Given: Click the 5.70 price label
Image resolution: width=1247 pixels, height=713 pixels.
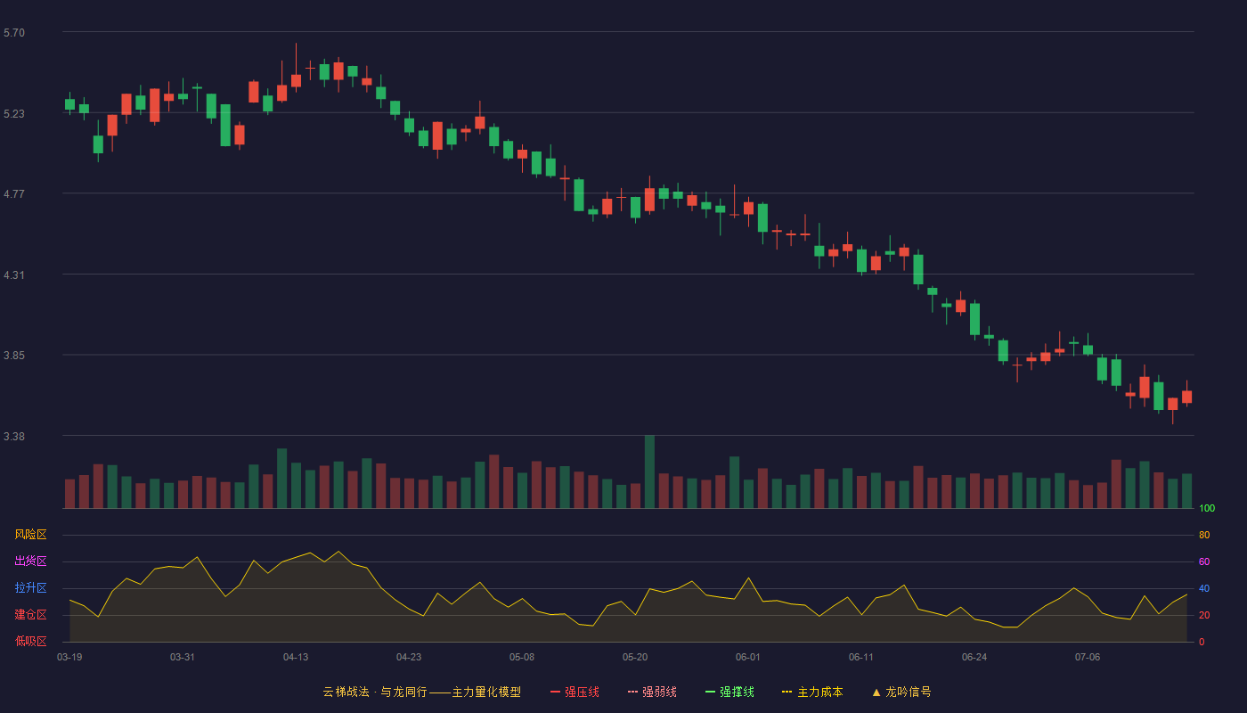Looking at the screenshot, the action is [x=14, y=33].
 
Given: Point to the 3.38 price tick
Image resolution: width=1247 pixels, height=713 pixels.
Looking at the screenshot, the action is [x=14, y=436].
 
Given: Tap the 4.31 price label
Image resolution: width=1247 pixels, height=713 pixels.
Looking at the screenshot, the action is [x=14, y=275].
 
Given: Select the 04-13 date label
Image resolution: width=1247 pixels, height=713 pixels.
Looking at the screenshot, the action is [x=296, y=658].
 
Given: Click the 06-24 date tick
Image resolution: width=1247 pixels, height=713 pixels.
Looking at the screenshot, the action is [x=974, y=658].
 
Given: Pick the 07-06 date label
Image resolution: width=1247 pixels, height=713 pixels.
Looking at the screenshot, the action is [x=1088, y=658].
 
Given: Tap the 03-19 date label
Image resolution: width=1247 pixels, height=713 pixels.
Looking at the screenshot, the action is [x=69, y=658].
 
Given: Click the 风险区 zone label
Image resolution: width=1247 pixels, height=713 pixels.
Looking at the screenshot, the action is [x=30, y=535].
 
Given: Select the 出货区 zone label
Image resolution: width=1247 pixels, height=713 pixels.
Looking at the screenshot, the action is [x=30, y=561].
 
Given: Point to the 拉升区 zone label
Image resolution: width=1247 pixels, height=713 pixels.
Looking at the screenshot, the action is [x=30, y=587].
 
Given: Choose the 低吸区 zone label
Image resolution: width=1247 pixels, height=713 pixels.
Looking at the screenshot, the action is [x=30, y=641].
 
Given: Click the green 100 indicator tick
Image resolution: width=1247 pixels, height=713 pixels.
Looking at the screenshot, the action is [x=1207, y=508].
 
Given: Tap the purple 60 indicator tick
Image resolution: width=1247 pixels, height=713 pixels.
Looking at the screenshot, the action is [x=1204, y=561].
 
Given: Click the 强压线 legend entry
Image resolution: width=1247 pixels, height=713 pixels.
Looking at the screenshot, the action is [x=575, y=692].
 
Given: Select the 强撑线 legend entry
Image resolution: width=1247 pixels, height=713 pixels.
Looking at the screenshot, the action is [x=729, y=692].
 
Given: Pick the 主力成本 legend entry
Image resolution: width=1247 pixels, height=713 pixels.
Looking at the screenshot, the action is [x=812, y=692].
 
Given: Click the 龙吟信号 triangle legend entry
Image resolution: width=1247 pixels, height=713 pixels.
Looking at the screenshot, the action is [x=901, y=692].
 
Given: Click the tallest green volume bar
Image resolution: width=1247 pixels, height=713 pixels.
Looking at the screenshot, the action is [x=649, y=471].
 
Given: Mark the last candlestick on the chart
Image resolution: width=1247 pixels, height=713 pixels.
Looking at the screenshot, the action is [x=1186, y=394].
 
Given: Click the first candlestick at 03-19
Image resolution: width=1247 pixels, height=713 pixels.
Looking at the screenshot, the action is [x=69, y=103].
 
